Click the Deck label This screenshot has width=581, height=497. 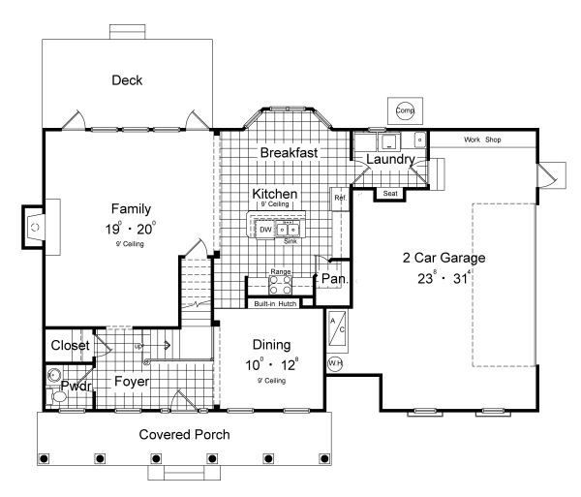pos(127,80)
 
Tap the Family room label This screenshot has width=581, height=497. pos(130,208)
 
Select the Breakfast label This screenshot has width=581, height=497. pos(290,153)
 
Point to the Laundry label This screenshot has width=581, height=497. pos(391,159)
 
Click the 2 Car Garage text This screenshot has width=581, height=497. pos(443,259)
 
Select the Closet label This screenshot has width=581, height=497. pos(70,345)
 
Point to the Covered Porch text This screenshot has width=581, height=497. pos(183,434)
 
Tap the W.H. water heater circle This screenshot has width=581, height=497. pos(335,364)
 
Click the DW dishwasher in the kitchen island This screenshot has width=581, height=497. pos(265,230)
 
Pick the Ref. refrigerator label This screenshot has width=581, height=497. pos(340,199)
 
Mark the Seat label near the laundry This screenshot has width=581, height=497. pos(390,194)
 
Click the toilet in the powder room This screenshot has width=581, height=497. pos(54,377)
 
